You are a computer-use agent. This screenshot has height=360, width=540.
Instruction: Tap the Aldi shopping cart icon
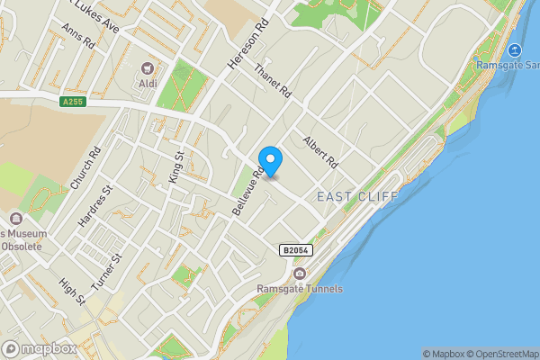coord(148,68)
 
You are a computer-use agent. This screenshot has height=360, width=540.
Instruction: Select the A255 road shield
coord(74,102)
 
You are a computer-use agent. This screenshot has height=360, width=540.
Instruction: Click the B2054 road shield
coord(296,250)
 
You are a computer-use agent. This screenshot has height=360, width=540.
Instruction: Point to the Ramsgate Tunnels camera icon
coord(300,274)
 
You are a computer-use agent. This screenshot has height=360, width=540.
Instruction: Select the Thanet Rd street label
coord(274,81)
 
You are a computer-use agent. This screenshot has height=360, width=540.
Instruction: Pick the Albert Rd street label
coord(319,152)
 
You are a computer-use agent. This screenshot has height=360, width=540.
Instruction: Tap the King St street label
coord(176,167)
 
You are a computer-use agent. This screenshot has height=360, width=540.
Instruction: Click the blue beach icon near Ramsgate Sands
coord(514,51)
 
